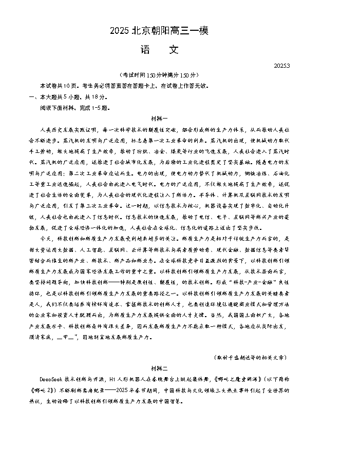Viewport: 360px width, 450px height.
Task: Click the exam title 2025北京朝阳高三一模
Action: coord(159,31)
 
